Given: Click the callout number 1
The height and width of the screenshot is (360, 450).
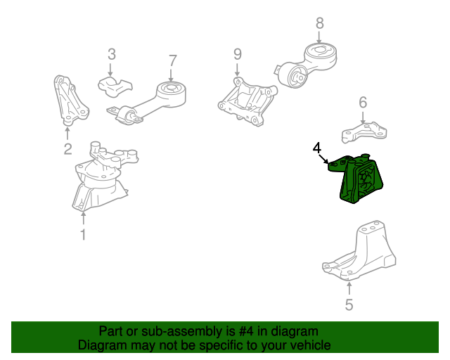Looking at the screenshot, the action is point(83,235).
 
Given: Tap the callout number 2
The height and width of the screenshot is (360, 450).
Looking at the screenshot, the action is point(67,149).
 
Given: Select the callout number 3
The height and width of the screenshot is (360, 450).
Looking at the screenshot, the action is point(112,54).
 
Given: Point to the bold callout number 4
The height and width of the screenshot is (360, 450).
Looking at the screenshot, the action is point(317,148).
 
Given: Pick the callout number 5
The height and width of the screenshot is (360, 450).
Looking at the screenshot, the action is point(349,304).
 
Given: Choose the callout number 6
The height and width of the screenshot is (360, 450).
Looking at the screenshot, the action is point(363,103).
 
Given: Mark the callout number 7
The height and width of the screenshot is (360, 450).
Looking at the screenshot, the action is point(173,60).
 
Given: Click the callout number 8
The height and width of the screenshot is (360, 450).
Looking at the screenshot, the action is point(320,23).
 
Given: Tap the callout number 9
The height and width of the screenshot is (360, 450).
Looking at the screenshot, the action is point(238,54).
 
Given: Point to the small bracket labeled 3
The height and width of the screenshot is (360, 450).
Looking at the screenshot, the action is point(114,86).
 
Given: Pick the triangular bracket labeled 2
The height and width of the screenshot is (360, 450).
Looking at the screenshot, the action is point(70,101).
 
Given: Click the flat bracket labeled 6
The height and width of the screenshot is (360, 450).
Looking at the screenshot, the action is point(364,133).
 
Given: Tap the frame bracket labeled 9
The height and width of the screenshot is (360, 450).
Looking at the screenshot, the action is point(247,103).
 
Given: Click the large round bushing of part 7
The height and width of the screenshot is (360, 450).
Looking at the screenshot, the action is point(172,94).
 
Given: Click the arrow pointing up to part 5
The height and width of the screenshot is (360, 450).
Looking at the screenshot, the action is point(349,288).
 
